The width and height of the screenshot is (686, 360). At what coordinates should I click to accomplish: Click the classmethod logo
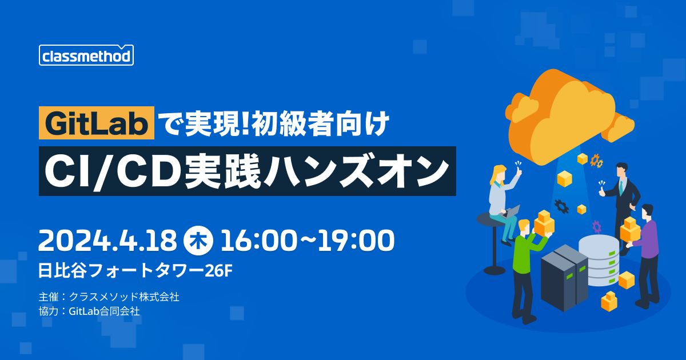[86, 55]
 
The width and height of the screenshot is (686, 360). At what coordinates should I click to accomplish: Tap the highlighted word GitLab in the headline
[97, 123]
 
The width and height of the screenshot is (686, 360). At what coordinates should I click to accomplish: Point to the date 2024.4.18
[107, 241]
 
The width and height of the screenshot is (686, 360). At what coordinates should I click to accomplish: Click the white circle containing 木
[198, 241]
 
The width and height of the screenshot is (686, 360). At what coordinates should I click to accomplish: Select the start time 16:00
[258, 241]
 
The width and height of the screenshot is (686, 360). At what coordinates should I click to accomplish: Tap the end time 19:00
[356, 241]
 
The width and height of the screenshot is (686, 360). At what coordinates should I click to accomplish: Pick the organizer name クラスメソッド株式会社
[124, 297]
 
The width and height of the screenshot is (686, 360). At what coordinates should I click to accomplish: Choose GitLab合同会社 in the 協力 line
[104, 311]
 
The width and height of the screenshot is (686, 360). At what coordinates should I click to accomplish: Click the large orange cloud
[567, 117]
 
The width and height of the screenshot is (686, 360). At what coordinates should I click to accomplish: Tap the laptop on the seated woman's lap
[511, 212]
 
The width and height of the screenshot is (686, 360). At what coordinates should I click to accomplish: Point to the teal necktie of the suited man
[621, 187]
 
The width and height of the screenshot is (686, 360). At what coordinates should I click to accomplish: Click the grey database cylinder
[599, 260]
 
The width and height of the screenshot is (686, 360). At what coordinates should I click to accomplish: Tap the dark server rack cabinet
[564, 278]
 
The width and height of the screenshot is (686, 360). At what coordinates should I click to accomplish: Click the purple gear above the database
[597, 226]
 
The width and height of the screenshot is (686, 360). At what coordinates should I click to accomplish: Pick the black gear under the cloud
[561, 206]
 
